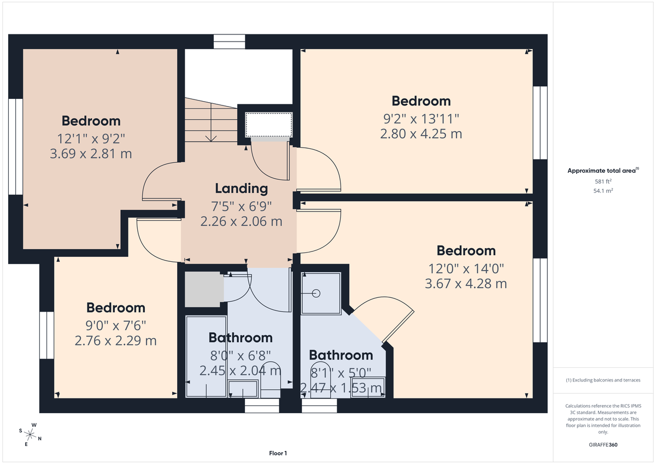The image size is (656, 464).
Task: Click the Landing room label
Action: click(241, 189)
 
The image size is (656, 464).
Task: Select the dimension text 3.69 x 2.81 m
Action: click(91, 154)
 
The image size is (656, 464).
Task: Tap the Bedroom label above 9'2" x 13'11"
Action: click(421, 101)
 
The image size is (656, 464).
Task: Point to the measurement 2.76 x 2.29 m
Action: click(115, 340)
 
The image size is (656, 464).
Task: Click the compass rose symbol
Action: click(31, 434)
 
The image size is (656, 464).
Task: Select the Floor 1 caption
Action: click(278, 453)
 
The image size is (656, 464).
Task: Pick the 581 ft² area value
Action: click(603, 181)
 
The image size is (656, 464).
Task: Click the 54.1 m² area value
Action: click(603, 191)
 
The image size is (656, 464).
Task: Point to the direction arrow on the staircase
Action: click(210, 134)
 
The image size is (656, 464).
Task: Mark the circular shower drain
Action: click(316, 293)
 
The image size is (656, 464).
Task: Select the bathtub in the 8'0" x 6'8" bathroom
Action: click(206, 355)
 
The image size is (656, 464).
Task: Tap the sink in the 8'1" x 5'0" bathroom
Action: click(367, 387)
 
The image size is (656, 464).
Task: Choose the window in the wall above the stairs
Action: click(230, 42)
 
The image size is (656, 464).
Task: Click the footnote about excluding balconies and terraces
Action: click(603, 380)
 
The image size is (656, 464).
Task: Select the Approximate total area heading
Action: click(603, 171)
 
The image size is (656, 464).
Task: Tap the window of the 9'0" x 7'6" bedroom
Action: click(46, 335)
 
